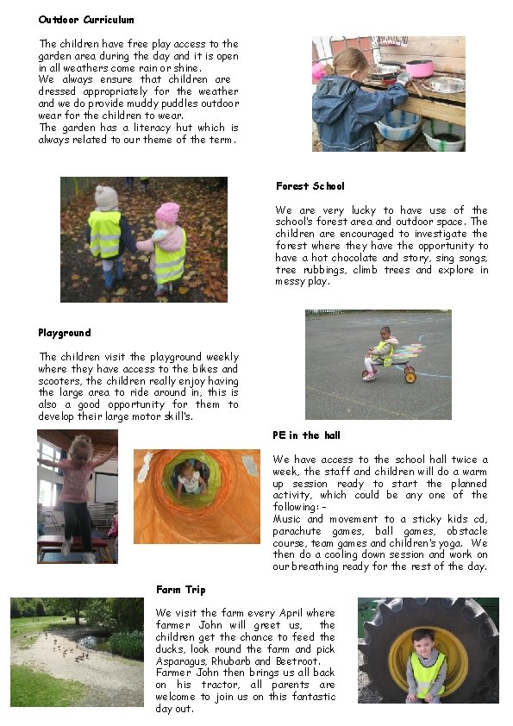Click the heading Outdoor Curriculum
point(85,19)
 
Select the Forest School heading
point(310,186)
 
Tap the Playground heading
point(64,333)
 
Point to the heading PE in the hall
point(307,435)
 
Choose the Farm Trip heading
point(180,590)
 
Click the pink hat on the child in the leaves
point(167,213)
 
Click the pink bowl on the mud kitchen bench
point(419,66)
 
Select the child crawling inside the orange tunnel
point(189,475)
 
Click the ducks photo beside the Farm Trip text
point(77,652)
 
